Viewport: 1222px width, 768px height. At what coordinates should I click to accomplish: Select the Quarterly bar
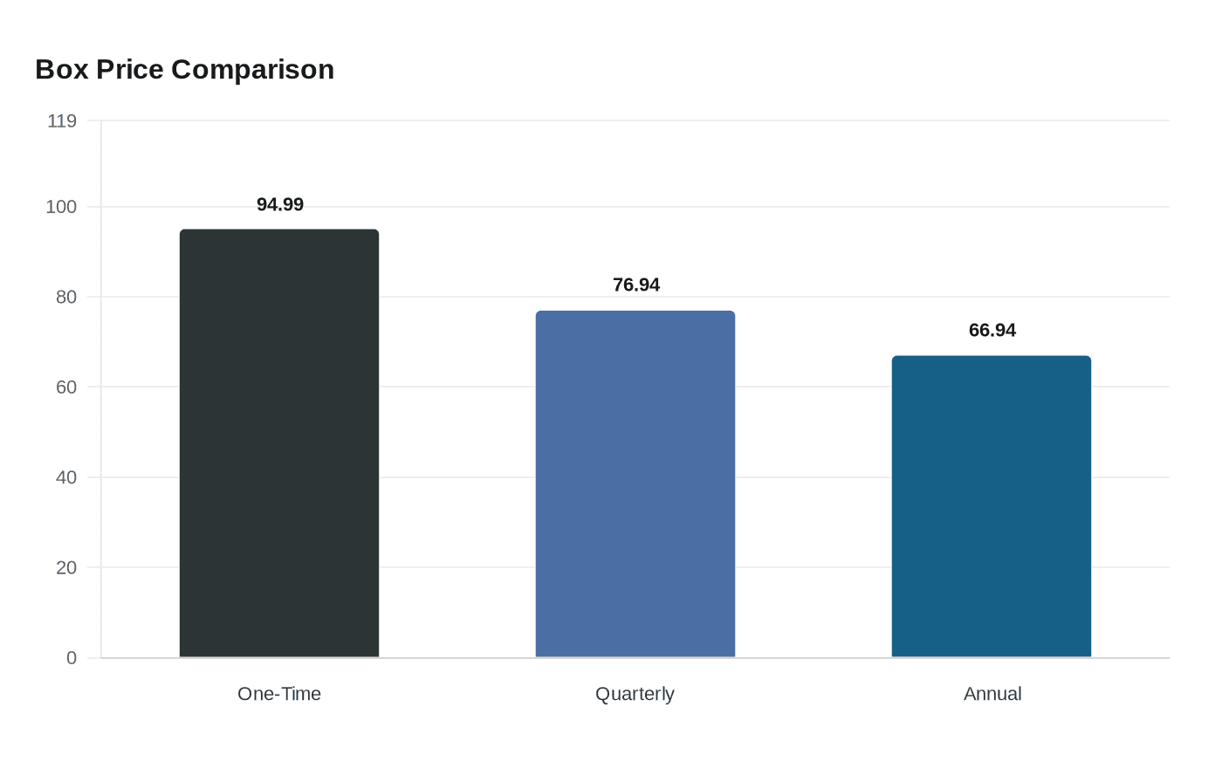pos(635,483)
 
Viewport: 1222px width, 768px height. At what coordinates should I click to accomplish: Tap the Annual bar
pos(992,506)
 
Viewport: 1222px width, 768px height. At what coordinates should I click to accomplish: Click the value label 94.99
pos(280,204)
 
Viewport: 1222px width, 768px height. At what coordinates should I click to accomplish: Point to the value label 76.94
pos(636,285)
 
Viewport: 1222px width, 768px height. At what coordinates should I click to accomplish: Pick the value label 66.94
pos(992,330)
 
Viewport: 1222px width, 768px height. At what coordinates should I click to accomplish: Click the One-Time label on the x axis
pos(279,694)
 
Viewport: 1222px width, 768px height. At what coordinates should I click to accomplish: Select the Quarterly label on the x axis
pos(635,694)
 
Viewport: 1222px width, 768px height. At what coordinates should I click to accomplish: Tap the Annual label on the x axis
pos(992,694)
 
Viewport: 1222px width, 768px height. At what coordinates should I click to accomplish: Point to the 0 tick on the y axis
pos(72,658)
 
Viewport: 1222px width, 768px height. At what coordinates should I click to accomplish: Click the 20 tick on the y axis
pos(66,568)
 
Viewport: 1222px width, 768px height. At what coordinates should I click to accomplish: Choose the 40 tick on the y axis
pos(66,477)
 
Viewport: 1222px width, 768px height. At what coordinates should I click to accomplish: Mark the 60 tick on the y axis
pos(66,387)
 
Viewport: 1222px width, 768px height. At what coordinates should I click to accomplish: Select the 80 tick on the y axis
pos(66,298)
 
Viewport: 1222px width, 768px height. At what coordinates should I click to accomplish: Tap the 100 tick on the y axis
pos(61,207)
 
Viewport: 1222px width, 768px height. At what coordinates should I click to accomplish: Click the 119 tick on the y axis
pos(61,121)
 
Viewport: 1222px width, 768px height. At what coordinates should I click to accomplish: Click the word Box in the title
pos(62,69)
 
